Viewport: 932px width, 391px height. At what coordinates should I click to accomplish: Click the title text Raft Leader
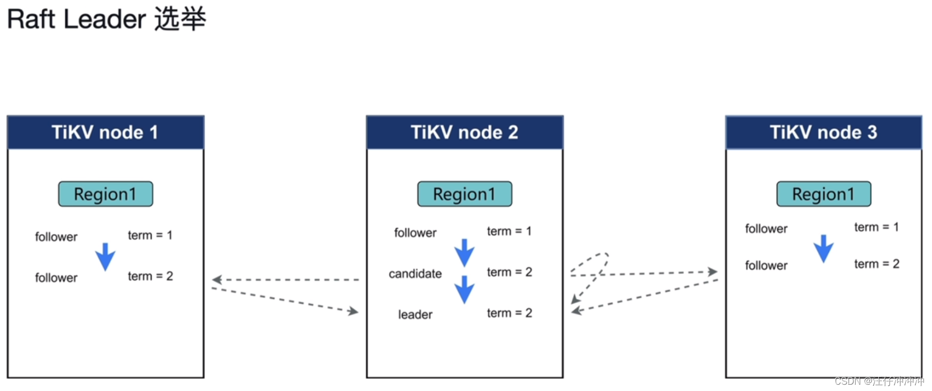[76, 19]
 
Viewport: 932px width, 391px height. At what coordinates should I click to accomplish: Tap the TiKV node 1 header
[105, 132]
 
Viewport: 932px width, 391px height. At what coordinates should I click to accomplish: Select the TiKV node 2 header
[464, 132]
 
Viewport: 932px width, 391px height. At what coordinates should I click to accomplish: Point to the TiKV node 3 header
[823, 132]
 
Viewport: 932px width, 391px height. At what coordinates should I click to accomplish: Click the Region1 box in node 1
[105, 194]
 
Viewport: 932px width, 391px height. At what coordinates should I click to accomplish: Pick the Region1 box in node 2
[464, 194]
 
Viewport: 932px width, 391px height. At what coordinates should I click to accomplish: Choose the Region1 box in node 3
[823, 194]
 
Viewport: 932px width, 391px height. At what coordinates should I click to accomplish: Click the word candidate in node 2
[415, 274]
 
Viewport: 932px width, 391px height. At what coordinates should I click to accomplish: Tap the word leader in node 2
[415, 315]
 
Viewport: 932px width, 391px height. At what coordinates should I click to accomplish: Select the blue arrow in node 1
[105, 256]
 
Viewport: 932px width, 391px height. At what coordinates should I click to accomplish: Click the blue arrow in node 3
[823, 249]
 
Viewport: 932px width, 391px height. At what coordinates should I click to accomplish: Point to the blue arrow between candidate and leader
[464, 289]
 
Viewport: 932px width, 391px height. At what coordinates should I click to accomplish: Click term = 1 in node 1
[150, 236]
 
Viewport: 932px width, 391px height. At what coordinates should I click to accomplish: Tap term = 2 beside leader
[509, 313]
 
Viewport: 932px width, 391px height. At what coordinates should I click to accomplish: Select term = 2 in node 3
[877, 264]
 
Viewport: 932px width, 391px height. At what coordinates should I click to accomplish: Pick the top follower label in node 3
[766, 229]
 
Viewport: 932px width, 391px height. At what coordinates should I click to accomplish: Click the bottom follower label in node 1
[56, 278]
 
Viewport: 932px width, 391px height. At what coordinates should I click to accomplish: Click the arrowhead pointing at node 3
[712, 272]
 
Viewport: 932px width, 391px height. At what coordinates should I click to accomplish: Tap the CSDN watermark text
[879, 381]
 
